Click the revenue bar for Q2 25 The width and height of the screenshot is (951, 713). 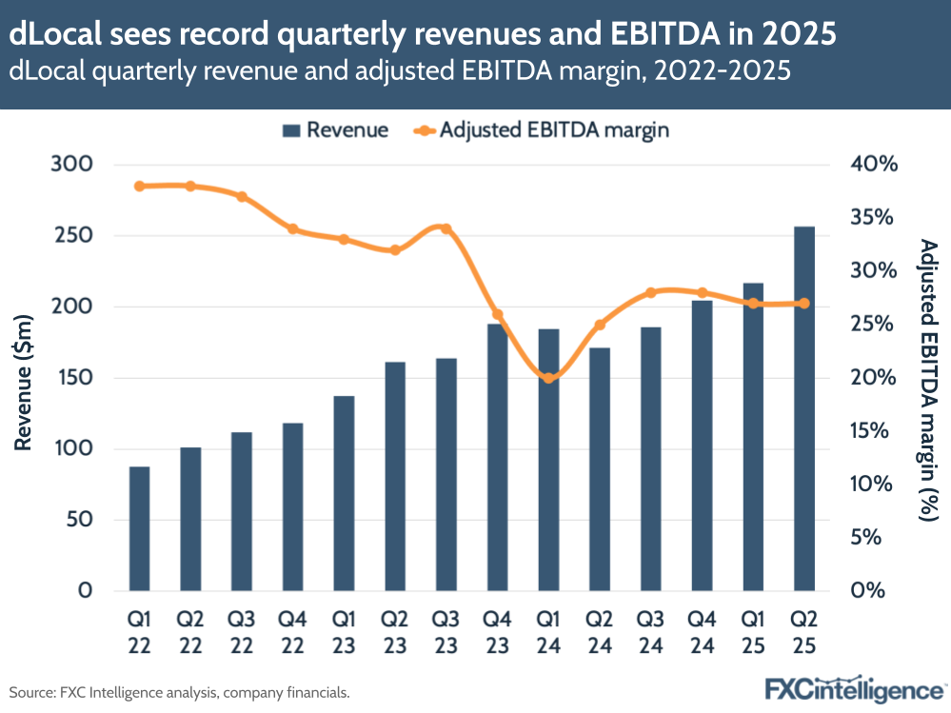pos(803,409)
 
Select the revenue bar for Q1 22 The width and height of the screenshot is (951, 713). pos(139,528)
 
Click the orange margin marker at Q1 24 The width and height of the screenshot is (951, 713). pos(547,378)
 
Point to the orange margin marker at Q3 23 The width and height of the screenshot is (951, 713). pos(444,228)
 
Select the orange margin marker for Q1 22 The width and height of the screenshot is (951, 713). pos(139,186)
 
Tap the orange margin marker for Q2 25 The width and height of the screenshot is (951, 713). pos(803,304)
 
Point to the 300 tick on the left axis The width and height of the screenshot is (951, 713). pos(71,165)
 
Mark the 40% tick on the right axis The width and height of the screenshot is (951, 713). pos(874,165)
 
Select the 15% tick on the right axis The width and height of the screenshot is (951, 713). pos(874,431)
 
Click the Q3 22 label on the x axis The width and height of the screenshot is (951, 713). pos(242,632)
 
